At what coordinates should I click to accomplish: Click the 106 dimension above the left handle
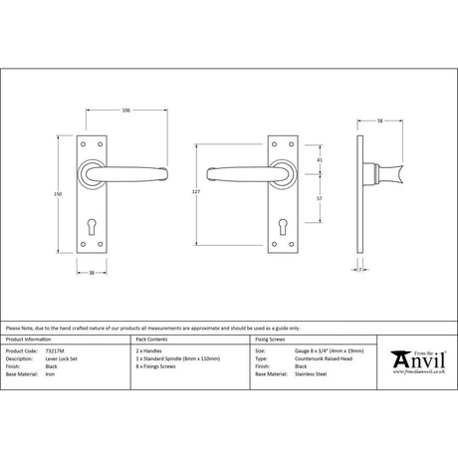[126, 110]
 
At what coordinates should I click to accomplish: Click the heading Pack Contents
[149, 343]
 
